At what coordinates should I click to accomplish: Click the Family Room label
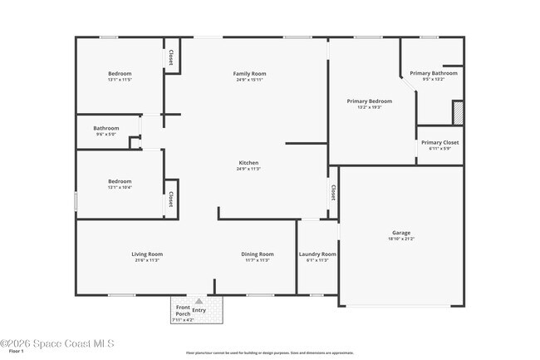click(249, 74)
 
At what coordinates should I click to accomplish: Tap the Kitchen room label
click(249, 162)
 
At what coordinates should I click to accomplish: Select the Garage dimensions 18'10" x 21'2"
click(401, 239)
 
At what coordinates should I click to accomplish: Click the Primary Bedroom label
click(369, 101)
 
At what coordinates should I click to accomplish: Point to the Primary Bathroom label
click(433, 73)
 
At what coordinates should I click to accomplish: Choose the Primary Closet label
click(439, 142)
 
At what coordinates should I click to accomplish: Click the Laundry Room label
click(317, 254)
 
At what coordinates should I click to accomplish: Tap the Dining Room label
click(258, 254)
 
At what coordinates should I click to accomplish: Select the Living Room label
click(146, 254)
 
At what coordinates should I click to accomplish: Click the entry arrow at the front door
click(199, 301)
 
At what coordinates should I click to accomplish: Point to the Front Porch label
click(183, 310)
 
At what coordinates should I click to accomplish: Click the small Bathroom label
click(106, 128)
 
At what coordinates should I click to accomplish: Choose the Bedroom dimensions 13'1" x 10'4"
click(120, 187)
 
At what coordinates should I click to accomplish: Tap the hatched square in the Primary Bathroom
click(456, 111)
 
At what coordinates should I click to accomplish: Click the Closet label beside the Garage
click(333, 192)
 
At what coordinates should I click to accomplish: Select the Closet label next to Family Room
click(171, 57)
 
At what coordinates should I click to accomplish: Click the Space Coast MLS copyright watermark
click(57, 343)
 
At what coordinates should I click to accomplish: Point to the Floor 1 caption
click(17, 353)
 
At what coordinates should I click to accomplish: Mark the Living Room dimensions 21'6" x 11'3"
click(146, 260)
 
